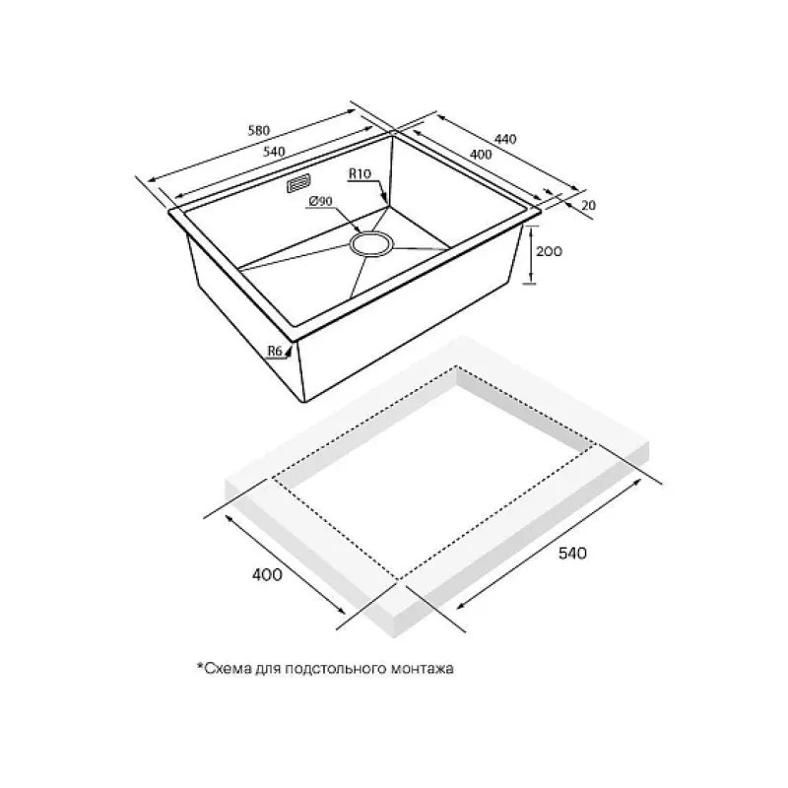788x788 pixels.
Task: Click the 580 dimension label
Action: click(259, 130)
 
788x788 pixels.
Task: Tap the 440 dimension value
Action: click(505, 138)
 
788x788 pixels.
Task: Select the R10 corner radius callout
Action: click(360, 174)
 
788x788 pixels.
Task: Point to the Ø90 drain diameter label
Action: click(320, 201)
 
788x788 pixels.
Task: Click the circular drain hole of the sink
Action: click(372, 244)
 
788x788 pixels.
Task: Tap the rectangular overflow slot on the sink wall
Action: click(298, 183)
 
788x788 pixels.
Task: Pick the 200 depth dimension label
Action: click(549, 251)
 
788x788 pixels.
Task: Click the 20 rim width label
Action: click(588, 205)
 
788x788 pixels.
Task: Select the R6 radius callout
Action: click(275, 351)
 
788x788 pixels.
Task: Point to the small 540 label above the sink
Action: click(274, 152)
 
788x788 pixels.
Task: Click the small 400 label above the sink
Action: click(481, 154)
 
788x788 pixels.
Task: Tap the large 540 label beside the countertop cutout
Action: click(572, 554)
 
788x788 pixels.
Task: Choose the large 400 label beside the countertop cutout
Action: click(267, 574)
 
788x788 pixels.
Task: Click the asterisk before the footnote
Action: click(200, 666)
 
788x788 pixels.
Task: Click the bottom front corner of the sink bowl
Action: click(303, 402)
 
